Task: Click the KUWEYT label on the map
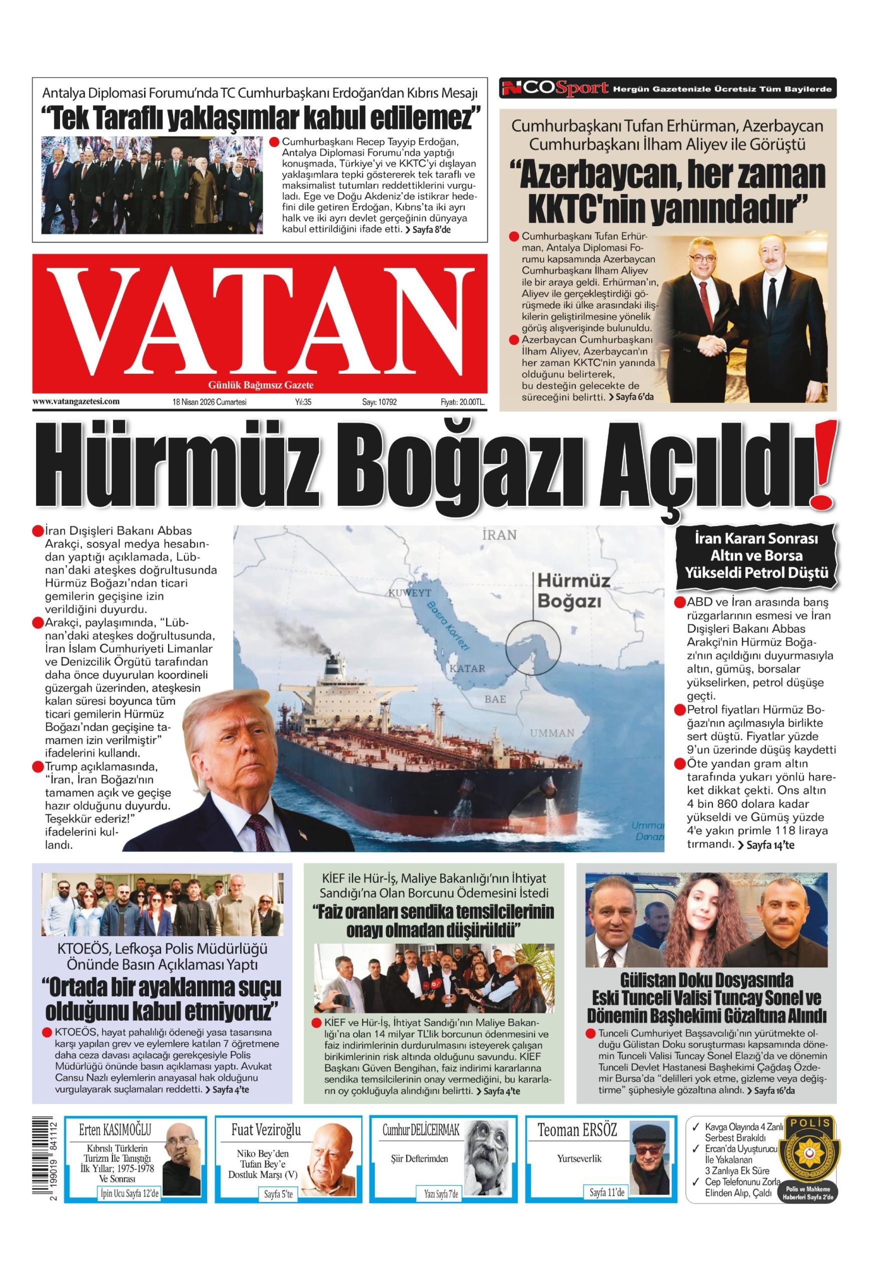(409, 593)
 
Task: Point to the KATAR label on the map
(467, 669)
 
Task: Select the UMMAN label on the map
(552, 733)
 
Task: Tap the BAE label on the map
(494, 699)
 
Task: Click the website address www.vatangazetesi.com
(76, 401)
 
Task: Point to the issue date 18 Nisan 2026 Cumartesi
(210, 402)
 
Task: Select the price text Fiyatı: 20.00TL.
(462, 402)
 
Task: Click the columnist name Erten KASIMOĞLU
(115, 1127)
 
